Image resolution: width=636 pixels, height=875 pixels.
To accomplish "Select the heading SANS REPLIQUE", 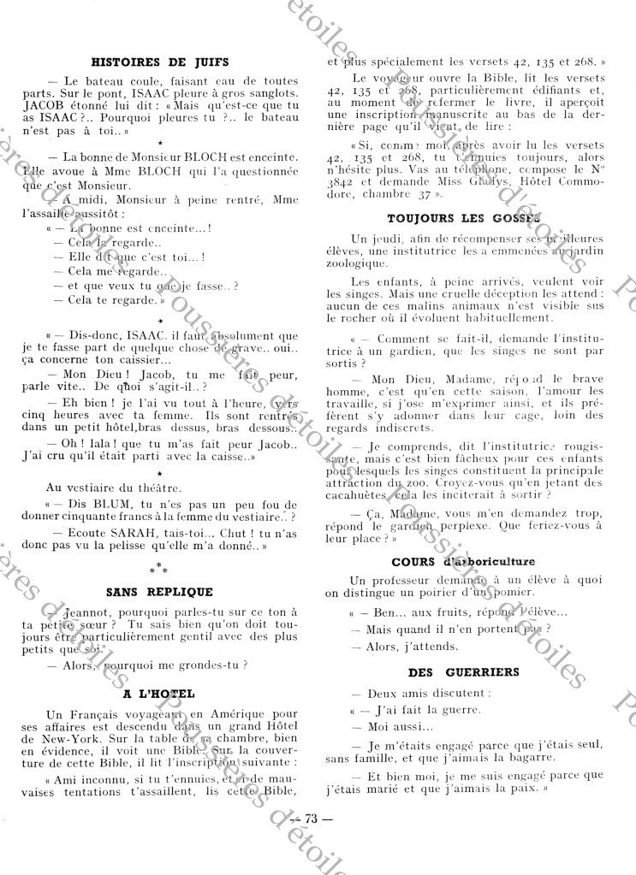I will click(159, 591).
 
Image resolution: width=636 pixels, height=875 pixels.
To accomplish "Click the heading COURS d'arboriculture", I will click(463, 561).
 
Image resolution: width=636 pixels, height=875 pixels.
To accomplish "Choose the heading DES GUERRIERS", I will click(465, 672).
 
